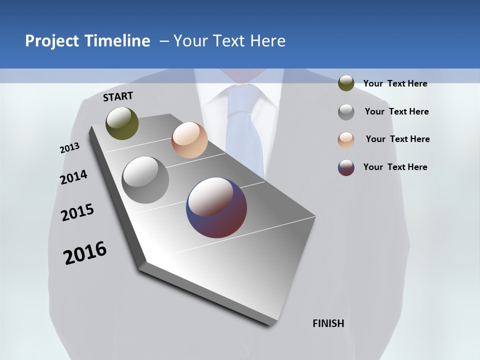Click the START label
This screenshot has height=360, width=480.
pos(118,96)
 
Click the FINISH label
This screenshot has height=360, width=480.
pos(328,323)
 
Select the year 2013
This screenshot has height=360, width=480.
pos(69,148)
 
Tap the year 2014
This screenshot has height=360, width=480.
pos(73,177)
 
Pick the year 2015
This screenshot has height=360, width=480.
pos(77,212)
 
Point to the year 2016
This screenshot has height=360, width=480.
pos(85,252)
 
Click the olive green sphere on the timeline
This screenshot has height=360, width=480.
pos(122,123)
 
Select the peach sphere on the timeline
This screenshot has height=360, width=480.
pos(189,140)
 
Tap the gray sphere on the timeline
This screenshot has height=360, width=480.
pos(145,179)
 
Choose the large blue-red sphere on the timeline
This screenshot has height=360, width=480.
pos(216,207)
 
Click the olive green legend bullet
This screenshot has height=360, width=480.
pos(346,83)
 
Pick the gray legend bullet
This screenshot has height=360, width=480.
pos(346,112)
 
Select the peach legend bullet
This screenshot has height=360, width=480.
pos(346,140)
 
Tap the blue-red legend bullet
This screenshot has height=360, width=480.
pos(346,167)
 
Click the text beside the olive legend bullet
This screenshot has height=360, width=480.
pos(395,84)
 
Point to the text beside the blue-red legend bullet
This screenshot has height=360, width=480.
pos(395,167)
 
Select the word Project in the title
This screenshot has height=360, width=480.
pos(52,41)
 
